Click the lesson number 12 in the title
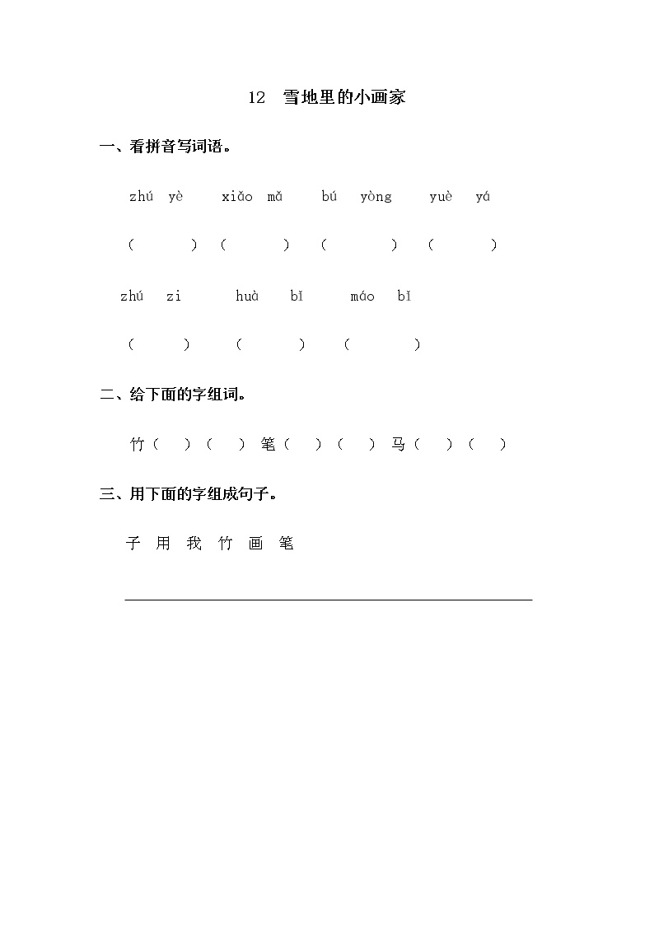[256, 98]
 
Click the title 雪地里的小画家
[344, 98]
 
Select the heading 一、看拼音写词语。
[166, 147]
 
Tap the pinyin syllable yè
[175, 197]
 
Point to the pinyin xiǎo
[237, 197]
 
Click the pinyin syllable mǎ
[275, 197]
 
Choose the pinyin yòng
[376, 197]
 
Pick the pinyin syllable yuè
[441, 197]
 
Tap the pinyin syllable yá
[483, 197]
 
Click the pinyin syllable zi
[173, 296]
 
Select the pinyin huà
[247, 296]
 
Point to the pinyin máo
[362, 296]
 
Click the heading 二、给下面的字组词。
[174, 395]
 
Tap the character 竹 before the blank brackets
[138, 445]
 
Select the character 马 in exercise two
[399, 445]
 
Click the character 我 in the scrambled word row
[194, 544]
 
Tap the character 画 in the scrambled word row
[255, 544]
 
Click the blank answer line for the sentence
[328, 599]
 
